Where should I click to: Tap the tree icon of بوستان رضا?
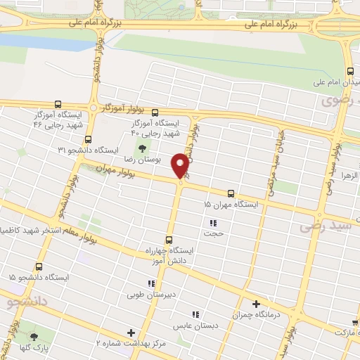pyautogui.click(x=143, y=148)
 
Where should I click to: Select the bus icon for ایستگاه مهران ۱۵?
pyautogui.click(x=231, y=193)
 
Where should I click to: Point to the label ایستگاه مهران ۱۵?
pyautogui.click(x=231, y=205)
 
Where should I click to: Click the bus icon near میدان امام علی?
pyautogui.click(x=350, y=71)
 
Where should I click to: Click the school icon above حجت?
pyautogui.click(x=212, y=223)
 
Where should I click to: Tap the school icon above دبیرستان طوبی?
pyautogui.click(x=151, y=284)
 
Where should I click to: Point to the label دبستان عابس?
pyautogui.click(x=196, y=326)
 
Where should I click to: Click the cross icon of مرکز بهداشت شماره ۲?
pyautogui.click(x=130, y=332)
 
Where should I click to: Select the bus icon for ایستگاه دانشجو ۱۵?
pyautogui.click(x=39, y=266)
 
